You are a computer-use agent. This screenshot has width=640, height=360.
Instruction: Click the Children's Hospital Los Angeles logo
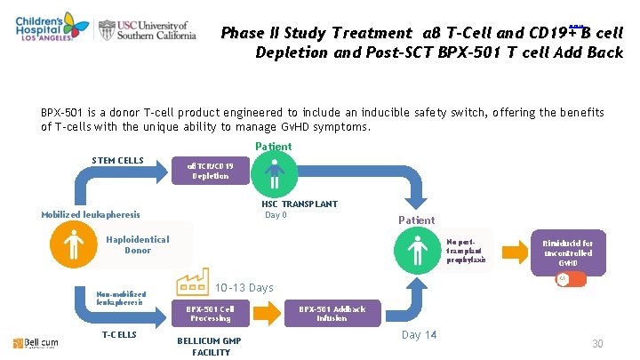click(x=44, y=31)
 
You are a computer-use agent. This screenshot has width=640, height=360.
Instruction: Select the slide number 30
click(x=597, y=344)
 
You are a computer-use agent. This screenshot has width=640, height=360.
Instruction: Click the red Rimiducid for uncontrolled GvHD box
click(x=568, y=252)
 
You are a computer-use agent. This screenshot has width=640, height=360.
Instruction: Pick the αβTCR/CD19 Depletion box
click(x=211, y=170)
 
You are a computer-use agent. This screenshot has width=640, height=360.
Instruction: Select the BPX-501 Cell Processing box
click(x=211, y=313)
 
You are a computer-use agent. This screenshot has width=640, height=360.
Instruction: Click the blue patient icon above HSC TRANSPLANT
click(x=273, y=172)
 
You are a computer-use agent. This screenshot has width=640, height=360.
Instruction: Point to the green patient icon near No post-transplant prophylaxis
click(x=417, y=251)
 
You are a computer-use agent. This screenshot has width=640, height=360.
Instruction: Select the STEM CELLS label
click(x=117, y=161)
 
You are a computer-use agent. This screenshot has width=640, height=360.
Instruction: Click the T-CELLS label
click(x=119, y=334)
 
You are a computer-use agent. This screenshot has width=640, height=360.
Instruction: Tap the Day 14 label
click(x=419, y=334)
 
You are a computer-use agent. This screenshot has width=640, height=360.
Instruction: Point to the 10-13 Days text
click(x=245, y=287)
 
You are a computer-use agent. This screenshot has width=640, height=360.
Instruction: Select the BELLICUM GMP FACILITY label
click(x=211, y=346)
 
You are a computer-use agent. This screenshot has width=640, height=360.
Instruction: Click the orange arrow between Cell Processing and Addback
click(x=271, y=313)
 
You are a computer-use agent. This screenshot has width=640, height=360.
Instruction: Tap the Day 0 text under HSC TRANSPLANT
click(x=276, y=215)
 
